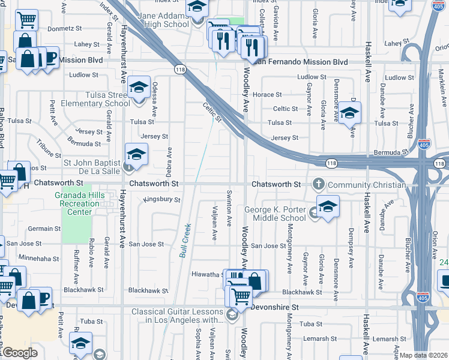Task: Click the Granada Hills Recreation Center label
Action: [77, 203]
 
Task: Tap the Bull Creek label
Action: [185, 241]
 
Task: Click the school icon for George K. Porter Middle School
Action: [328, 207]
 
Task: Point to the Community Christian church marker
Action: [319, 184]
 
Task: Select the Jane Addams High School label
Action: [163, 20]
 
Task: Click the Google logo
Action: [19, 353]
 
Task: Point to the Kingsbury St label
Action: [162, 199]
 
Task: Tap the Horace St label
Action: [267, 95]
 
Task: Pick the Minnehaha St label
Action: [38, 257]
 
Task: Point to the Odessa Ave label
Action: [154, 99]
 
